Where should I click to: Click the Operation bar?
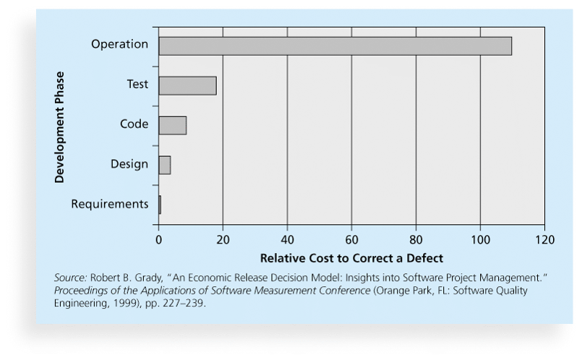(335, 46)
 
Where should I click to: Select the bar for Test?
(187, 85)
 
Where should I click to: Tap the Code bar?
(172, 125)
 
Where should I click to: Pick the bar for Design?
(164, 165)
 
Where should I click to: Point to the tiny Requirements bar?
(160, 205)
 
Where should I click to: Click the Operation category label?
(119, 45)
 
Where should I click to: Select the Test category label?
(137, 85)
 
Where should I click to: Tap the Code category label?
(134, 124)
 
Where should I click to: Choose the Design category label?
(129, 164)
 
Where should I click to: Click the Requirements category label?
(110, 205)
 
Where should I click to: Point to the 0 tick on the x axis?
(158, 239)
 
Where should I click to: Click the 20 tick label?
(223, 239)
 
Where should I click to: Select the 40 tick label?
(287, 239)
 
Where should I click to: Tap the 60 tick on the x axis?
(351, 239)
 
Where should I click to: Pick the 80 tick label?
(416, 239)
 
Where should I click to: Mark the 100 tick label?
(480, 239)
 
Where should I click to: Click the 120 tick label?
(544, 239)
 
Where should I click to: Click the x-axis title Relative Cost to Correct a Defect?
(351, 257)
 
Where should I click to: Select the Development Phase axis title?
(61, 127)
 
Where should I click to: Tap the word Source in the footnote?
(67, 278)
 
